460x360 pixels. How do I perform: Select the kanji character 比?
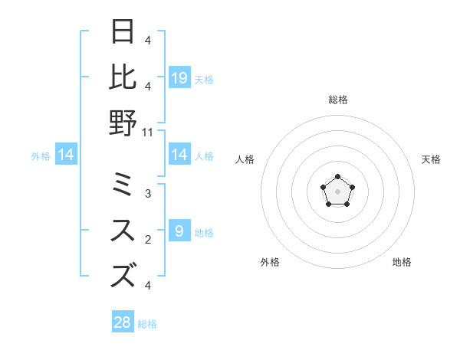[x=123, y=77]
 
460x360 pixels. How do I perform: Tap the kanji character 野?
[x=123, y=123]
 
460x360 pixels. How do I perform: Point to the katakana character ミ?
[x=123, y=185]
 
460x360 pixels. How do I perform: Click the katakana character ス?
[x=123, y=231]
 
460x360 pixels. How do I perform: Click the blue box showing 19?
[x=179, y=77]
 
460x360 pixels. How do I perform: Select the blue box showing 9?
[x=179, y=231]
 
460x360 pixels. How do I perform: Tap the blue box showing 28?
[x=123, y=322]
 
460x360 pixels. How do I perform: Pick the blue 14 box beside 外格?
[x=66, y=155]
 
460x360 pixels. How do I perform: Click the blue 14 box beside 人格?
[x=179, y=155]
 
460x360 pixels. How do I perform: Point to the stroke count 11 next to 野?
[x=148, y=132]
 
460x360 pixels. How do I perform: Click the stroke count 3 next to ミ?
[x=148, y=194]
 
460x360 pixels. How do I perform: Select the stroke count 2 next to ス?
[x=148, y=240]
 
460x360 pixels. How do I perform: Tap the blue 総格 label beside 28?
[x=147, y=324]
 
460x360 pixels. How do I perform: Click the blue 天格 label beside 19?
[x=204, y=79]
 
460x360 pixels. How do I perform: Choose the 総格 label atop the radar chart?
[x=337, y=100]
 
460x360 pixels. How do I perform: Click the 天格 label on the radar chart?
[x=431, y=159]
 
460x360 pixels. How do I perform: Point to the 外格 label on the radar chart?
[x=270, y=262]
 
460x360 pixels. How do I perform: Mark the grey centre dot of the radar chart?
[x=337, y=191]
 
